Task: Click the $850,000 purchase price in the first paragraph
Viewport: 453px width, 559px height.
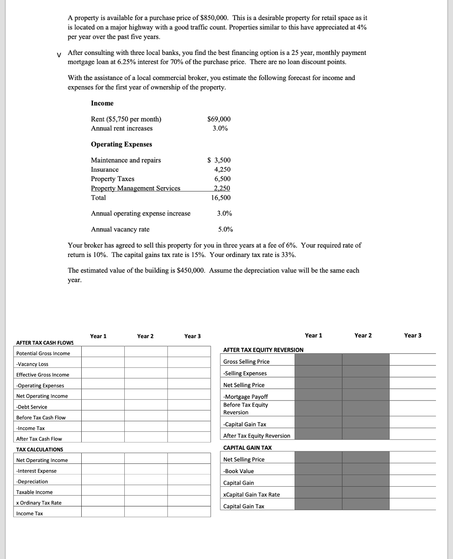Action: coord(214,18)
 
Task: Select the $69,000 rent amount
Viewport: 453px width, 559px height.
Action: coord(219,119)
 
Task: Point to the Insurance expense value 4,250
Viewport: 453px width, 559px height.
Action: coord(222,169)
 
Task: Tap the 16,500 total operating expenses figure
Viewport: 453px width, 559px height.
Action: coord(221,198)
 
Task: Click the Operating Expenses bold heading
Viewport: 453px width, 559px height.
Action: coord(122,144)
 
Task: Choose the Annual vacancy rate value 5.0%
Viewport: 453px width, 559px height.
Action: coord(225,229)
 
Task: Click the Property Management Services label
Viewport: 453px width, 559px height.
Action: coord(136,188)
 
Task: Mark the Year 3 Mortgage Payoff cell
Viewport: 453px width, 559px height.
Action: coord(412,395)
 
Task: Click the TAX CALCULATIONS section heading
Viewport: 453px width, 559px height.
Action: coord(39,450)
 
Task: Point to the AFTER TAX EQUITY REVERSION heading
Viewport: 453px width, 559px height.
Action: coord(263,350)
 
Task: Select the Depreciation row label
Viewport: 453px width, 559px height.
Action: coord(32,482)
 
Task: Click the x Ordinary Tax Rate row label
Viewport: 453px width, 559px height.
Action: coord(39,503)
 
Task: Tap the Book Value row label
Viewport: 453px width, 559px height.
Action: coord(239,471)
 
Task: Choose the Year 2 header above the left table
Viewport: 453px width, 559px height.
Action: coord(145,336)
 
